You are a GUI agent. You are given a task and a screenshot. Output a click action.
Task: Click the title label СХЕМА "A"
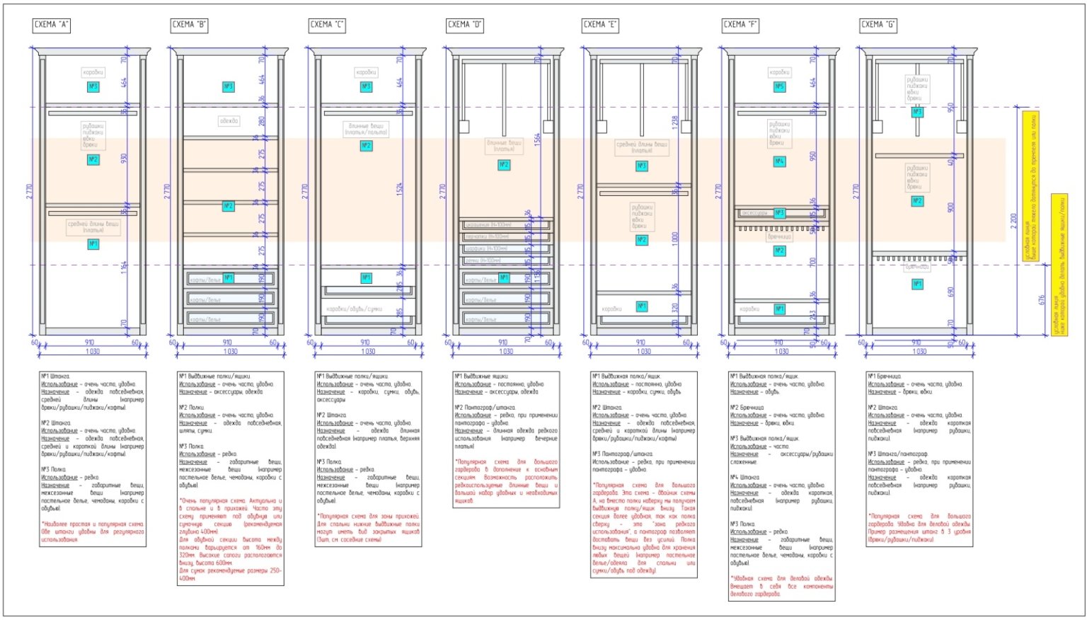coord(52,25)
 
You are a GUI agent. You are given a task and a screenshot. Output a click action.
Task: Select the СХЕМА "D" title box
coord(465,25)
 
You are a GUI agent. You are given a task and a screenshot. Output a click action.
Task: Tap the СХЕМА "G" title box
coord(878,25)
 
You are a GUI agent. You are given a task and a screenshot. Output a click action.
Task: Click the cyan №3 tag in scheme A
coord(93,86)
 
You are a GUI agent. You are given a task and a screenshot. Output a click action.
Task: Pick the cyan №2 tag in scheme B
coord(228,206)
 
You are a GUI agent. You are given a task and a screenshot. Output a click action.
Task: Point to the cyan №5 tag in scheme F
coord(779,87)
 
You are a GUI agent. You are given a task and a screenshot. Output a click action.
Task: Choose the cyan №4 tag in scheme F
coord(779,161)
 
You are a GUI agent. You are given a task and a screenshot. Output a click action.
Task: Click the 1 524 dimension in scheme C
coord(399,189)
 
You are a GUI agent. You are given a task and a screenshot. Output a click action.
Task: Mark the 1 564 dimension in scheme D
coord(537,139)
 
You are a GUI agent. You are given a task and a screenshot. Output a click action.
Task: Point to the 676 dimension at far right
coord(1042,300)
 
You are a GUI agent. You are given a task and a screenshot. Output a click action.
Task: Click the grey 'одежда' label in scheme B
coord(229,121)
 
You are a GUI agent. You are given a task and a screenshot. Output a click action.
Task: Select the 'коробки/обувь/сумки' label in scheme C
coord(354,309)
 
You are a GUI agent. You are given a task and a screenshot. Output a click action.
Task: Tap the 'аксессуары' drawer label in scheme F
coord(754,212)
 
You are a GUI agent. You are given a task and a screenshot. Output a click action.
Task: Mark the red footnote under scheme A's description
coord(93,532)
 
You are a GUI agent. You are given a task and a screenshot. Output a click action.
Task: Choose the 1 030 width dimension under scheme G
coord(919,351)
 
